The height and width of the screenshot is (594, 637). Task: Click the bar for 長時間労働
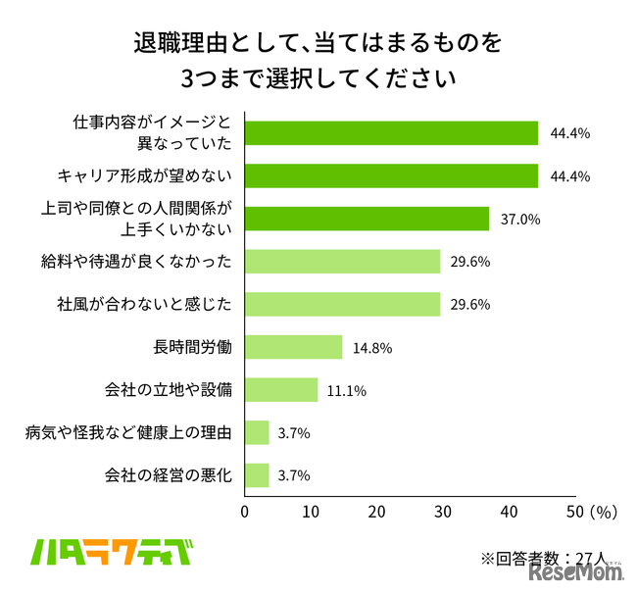pos(293,347)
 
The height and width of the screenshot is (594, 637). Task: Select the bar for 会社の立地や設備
pos(281,390)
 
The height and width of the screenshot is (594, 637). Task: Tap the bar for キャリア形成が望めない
pos(391,175)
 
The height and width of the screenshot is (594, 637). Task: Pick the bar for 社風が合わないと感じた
pos(342,304)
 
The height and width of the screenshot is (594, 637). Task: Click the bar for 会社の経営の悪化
pos(257,475)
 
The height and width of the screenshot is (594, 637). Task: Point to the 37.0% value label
pos(519,220)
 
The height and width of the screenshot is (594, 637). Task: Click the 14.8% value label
pos(372,348)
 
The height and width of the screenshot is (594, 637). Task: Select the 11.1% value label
pos(348,391)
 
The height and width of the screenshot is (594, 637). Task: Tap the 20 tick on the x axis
pos(377,512)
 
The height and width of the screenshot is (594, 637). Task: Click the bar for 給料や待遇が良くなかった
pos(342,261)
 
